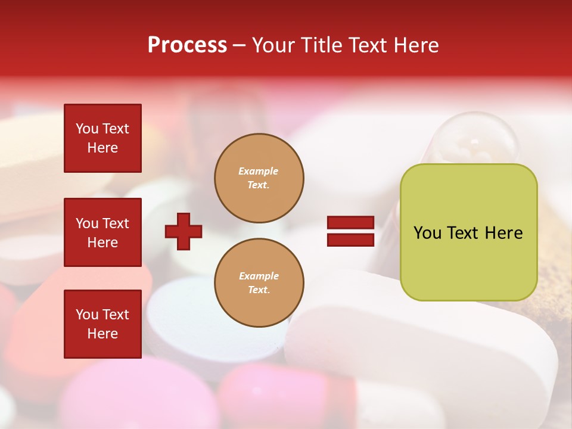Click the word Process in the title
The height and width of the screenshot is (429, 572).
pos(187,45)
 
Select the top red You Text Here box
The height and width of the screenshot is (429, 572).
pos(102,138)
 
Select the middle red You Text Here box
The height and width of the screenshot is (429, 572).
pos(102,232)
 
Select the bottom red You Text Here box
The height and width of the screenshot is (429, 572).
pos(102,324)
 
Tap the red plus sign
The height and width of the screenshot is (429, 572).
pos(184,231)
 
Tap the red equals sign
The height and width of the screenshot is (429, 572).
pos(350,231)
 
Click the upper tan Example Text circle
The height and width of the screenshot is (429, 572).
pos(259,178)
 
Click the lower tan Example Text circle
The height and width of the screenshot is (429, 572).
pos(259,283)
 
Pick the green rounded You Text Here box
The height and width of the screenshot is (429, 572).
pos(468,232)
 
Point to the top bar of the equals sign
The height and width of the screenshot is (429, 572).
pos(350,223)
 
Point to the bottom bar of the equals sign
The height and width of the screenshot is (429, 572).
pos(350,240)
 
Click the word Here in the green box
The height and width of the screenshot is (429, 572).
pos(503,233)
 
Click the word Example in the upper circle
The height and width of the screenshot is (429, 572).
pos(258,171)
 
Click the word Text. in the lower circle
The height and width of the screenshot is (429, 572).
pos(259,290)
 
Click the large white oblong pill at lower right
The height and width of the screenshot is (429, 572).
pos(417,346)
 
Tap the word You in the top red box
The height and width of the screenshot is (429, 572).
pos(87,129)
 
